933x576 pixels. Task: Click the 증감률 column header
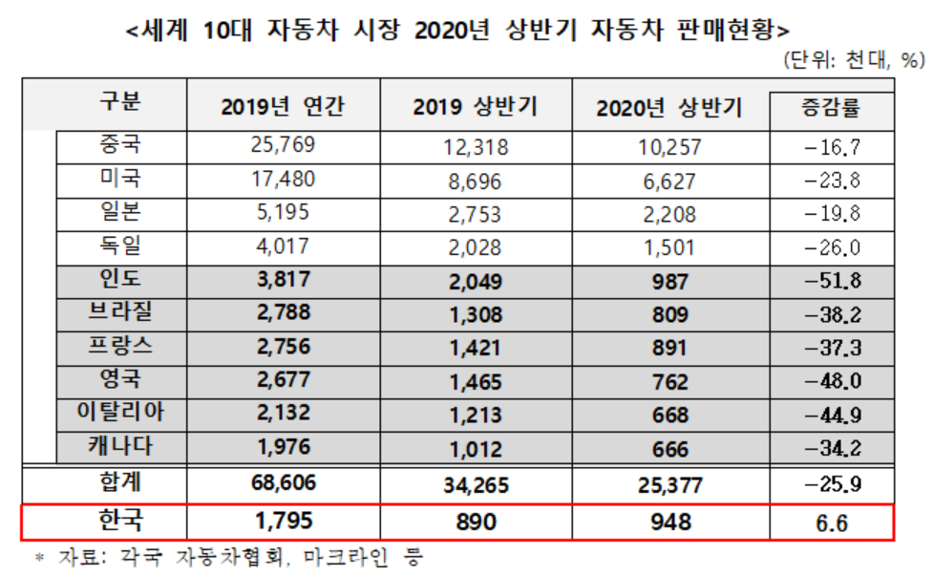pos(830,107)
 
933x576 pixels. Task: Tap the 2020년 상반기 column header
pos(669,107)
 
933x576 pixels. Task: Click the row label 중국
pos(119,148)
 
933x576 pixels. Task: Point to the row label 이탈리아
pos(119,413)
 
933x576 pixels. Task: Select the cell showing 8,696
pos(475,181)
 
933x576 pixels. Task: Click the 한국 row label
pos(119,521)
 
